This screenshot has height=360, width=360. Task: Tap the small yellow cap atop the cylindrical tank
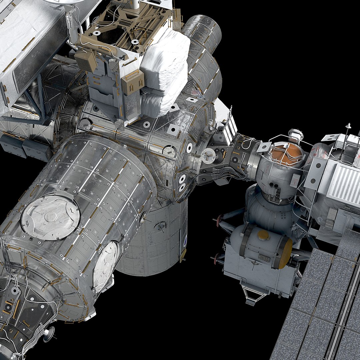coord(263,234)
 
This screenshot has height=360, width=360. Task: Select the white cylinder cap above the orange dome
coord(295,134)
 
